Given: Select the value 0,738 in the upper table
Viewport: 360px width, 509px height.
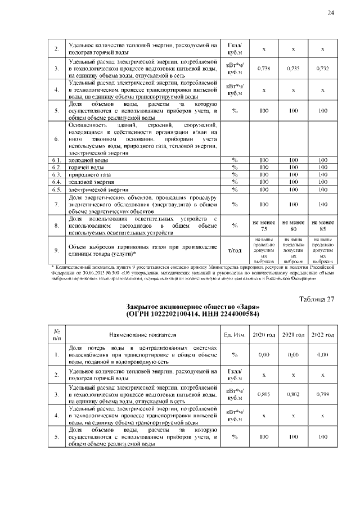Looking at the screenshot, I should point(263,68).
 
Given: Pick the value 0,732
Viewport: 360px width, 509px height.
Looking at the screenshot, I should point(322,68).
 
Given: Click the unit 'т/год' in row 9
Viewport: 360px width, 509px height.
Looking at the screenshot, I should point(234,250).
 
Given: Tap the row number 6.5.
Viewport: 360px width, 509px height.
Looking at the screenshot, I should point(56,190).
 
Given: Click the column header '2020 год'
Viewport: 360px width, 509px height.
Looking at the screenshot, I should point(263,335).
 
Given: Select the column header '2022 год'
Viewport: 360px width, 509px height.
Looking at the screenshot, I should point(322,335).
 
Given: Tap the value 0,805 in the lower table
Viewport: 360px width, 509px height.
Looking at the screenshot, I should point(263,394).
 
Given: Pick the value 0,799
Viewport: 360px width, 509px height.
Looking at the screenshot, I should point(322,394).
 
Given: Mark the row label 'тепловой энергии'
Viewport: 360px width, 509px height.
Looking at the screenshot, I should point(88,182).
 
